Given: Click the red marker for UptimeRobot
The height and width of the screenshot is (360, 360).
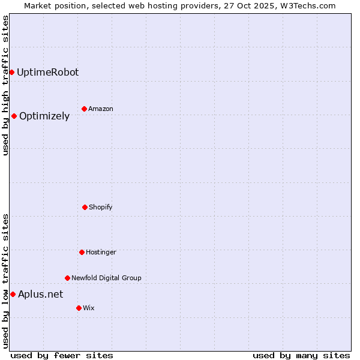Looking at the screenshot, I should coord(11,72).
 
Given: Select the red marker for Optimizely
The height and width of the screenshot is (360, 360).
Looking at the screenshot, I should coord(14,116).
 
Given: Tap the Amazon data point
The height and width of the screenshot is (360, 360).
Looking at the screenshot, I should coord(84,109).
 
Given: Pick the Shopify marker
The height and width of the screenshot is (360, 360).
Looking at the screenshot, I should coord(85,207).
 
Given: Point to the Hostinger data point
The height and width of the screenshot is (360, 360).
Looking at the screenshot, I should coord(82,252).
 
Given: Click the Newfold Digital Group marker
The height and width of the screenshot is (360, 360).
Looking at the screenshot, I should coord(67,278).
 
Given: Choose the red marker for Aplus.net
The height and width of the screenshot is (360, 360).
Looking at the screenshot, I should coord(13,294).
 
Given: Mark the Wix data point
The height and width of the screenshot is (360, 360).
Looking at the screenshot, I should coord(79,308).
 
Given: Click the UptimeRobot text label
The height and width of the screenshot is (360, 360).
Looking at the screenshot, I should coord(47,72).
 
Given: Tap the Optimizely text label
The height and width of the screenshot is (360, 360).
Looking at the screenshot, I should coord(44,116).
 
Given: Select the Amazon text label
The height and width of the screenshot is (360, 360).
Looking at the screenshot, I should coord(101,109).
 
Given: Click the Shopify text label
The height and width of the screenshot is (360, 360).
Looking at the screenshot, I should coord(101,207).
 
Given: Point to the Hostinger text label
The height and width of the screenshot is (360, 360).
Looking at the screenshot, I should coord(101,252).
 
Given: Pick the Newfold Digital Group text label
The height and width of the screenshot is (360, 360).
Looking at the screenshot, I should coord(106,278).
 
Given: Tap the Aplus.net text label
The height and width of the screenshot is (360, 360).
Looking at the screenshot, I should coord(40,294).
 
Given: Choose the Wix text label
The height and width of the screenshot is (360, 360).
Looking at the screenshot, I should coord(89,308).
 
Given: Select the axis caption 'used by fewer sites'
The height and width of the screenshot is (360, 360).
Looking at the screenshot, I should coord(62,355).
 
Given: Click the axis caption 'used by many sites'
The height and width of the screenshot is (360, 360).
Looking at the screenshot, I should coord(301,355).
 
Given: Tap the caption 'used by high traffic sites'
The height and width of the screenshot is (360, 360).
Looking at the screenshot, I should coord(5,85).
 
